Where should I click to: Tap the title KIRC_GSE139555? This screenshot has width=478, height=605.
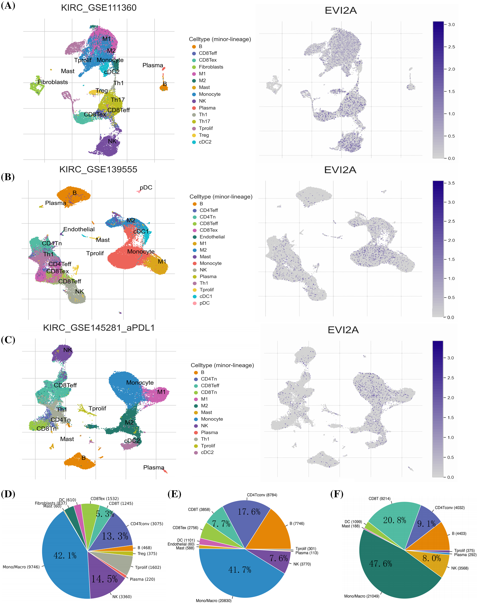(98, 169)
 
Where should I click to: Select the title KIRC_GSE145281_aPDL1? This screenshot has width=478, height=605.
(99, 328)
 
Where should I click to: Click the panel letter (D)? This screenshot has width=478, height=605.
(8, 494)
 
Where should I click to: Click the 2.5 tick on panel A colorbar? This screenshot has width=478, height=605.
(451, 47)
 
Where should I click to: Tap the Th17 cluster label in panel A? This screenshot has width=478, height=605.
(118, 100)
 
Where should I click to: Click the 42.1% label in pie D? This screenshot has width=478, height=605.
(65, 555)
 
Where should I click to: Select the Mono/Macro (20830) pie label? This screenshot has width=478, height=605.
(214, 601)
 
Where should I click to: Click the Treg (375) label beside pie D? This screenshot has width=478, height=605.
(147, 554)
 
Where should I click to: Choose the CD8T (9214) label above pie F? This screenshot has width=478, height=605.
(379, 499)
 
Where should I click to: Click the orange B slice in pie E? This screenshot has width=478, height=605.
(271, 532)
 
